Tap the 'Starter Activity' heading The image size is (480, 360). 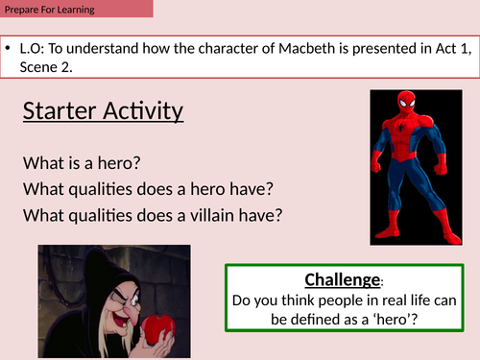pyautogui.click(x=103, y=111)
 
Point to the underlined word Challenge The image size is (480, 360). pyautogui.click(x=342, y=280)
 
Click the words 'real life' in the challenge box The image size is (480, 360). pyautogui.click(x=400, y=300)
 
